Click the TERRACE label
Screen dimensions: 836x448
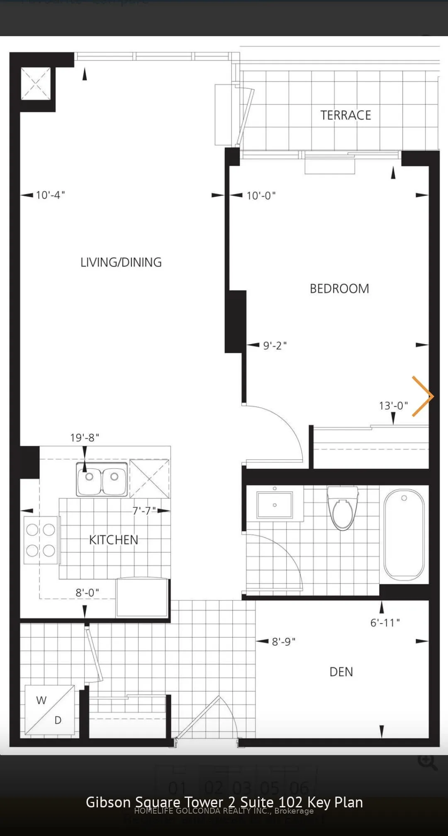pos(346,115)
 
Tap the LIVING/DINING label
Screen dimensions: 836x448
pos(121,262)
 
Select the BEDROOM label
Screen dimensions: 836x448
pos(339,288)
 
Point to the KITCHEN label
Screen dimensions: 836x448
pos(114,540)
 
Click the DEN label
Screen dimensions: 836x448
pos(341,672)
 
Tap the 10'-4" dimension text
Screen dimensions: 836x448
pos(50,195)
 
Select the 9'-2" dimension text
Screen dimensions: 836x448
pos(275,345)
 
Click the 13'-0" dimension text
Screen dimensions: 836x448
pos(393,406)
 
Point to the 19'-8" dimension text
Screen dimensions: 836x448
pos(85,438)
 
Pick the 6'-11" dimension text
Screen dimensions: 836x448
pos(385,623)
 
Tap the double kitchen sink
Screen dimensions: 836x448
pos(102,479)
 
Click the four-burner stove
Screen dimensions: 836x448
pos(41,540)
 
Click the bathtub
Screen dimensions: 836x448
pos(404,535)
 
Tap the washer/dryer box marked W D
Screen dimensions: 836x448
pos(50,710)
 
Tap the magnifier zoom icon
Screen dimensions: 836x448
pos(427,762)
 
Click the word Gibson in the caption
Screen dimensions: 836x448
pos(108,802)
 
